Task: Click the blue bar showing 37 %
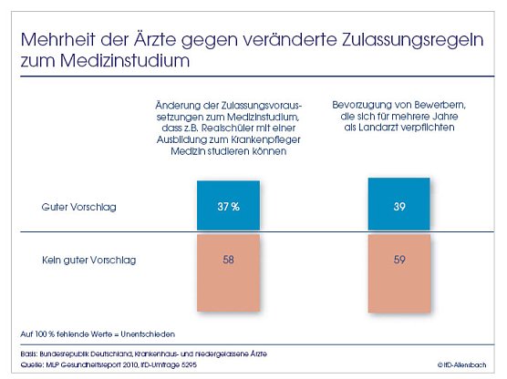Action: click(227, 205)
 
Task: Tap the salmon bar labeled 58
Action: click(227, 272)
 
